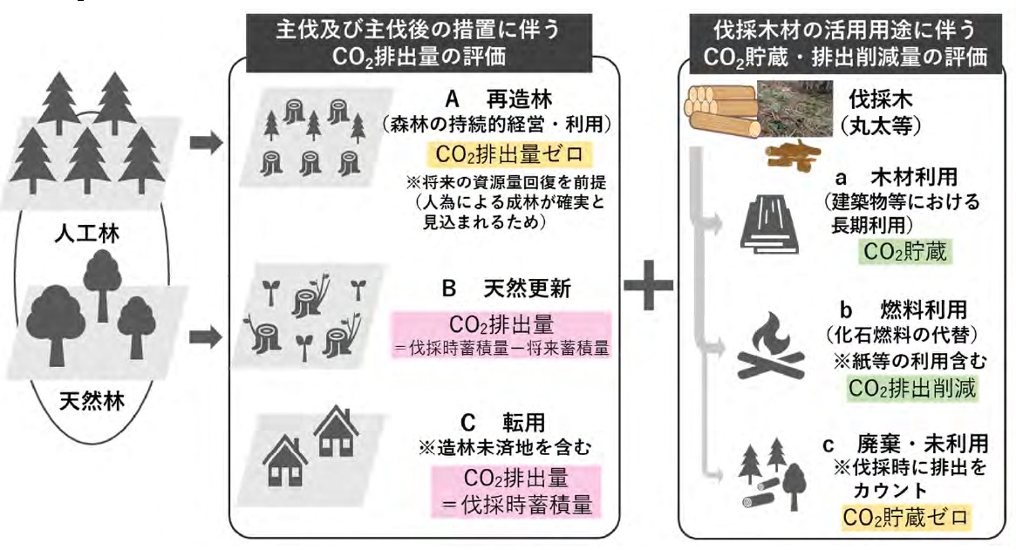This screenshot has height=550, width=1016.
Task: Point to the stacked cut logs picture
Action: coord(720,111)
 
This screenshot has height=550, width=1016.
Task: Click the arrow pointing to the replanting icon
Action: coord(206,142)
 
